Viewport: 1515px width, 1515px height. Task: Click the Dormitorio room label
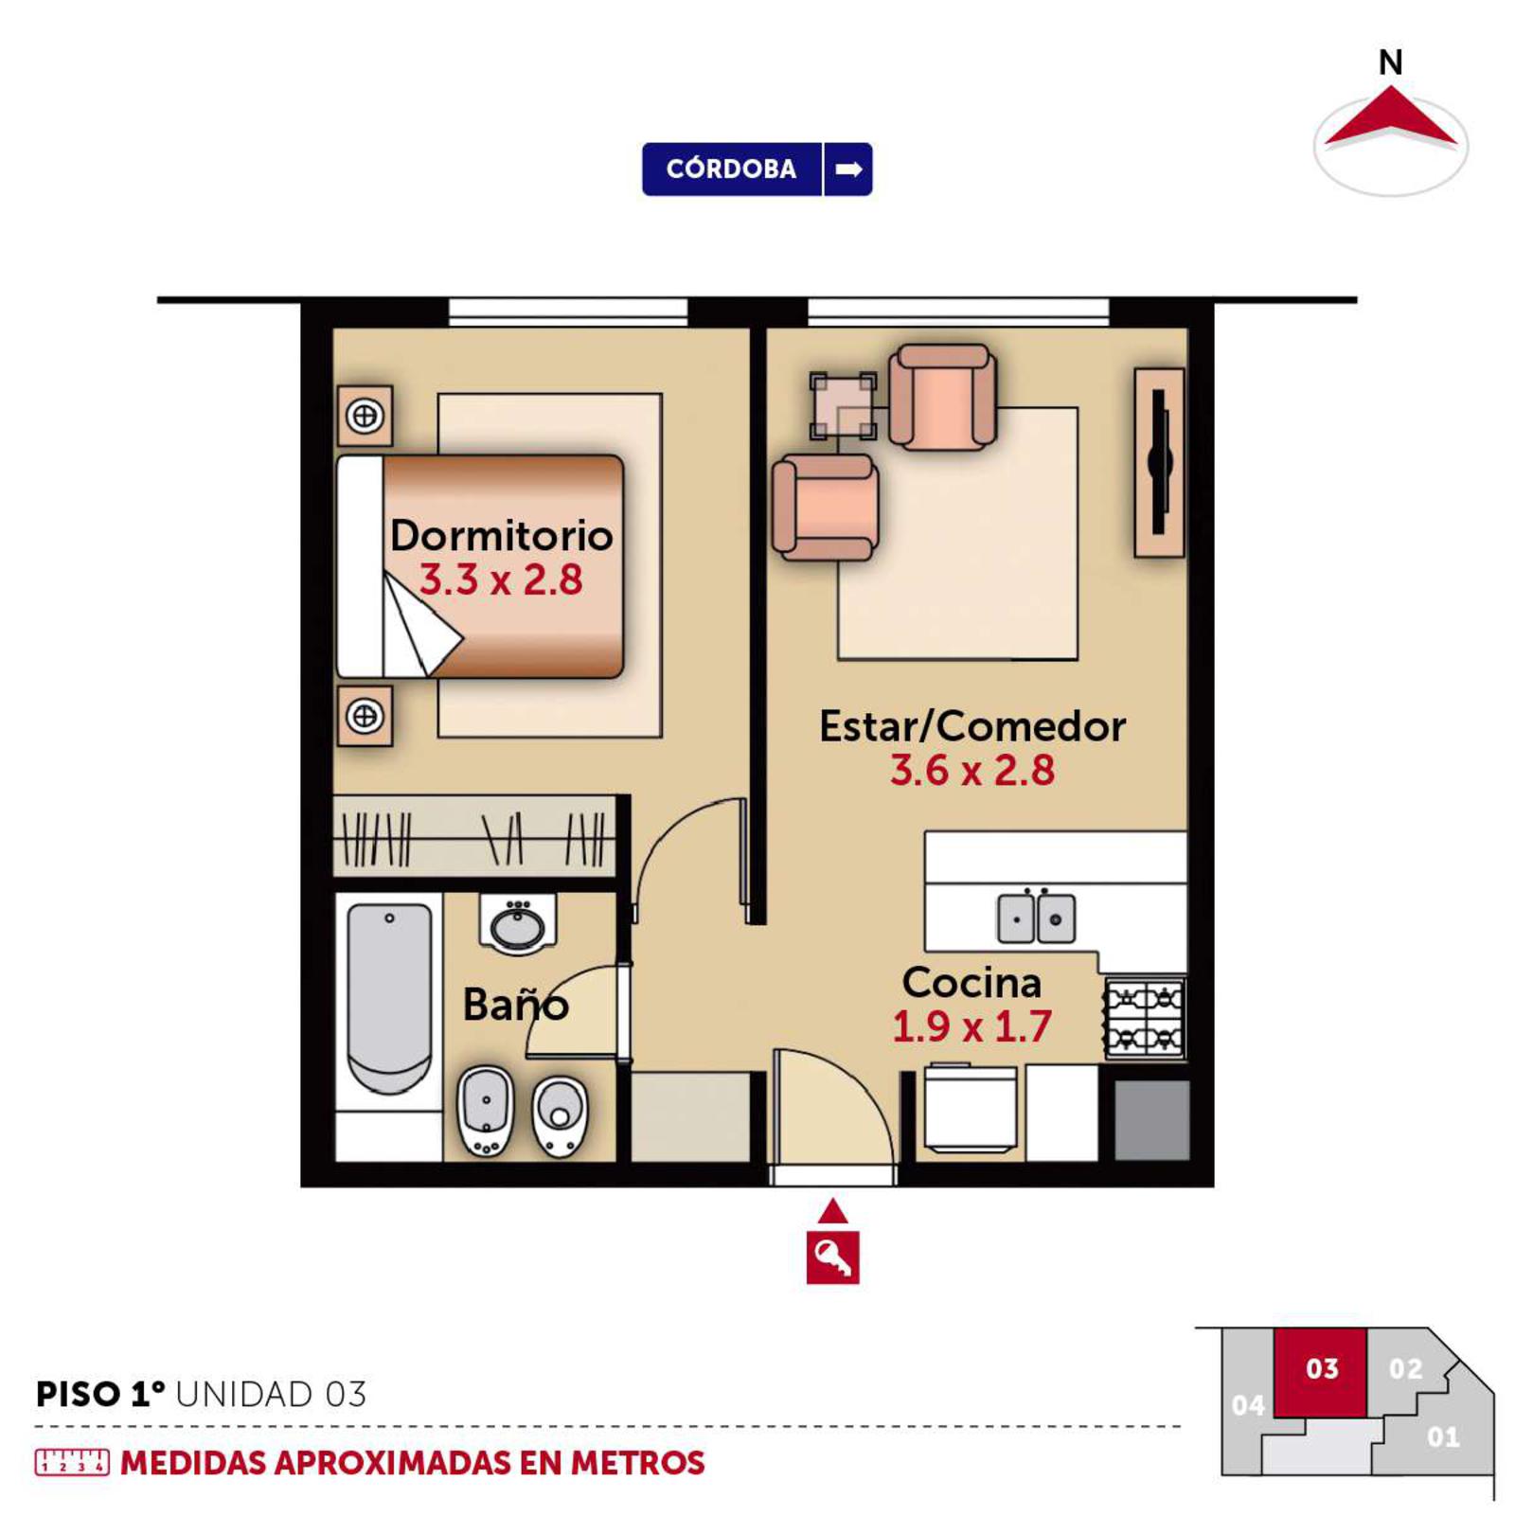[x=502, y=535]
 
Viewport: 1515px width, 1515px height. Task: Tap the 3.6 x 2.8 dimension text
[x=972, y=770]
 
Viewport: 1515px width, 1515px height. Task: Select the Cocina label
[x=972, y=982]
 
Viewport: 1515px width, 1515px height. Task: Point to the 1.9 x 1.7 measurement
[x=972, y=1026]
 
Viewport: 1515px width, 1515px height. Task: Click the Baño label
[x=516, y=1004]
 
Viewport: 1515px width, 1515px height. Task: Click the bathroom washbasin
[x=517, y=923]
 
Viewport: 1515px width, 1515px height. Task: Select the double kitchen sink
[x=1036, y=918]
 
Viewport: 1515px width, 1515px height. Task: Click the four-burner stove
[x=1145, y=1018]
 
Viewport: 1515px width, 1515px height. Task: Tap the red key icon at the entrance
[x=832, y=1257]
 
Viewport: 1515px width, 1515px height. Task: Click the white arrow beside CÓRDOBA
[x=848, y=169]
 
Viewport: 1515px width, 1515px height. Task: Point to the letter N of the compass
[x=1390, y=62]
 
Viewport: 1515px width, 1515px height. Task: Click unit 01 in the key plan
[x=1442, y=1437]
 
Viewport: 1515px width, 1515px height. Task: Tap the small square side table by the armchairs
[x=843, y=406]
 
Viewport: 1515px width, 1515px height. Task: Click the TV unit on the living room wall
[x=1159, y=462]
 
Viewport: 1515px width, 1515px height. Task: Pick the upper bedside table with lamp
[x=365, y=416]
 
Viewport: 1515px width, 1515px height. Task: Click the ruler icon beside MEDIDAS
[x=72, y=1463]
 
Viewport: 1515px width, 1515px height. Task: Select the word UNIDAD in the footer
[x=244, y=1395]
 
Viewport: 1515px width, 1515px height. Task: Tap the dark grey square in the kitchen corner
[x=1151, y=1120]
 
